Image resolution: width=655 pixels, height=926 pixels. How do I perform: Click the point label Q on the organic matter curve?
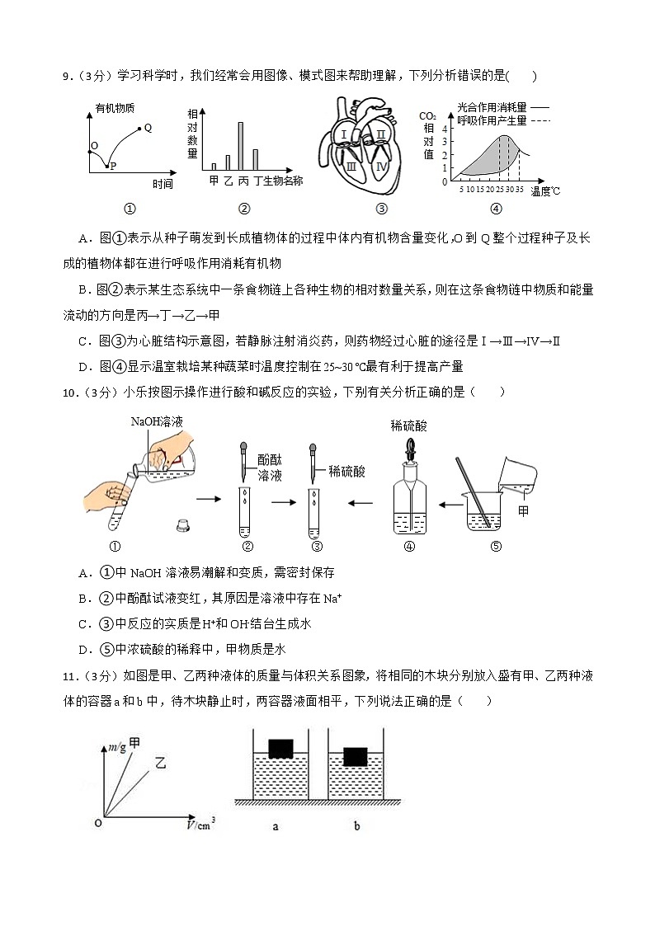(148, 128)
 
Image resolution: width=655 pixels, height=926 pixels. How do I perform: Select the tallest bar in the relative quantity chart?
(240, 145)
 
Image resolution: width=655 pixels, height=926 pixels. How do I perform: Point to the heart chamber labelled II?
(380, 134)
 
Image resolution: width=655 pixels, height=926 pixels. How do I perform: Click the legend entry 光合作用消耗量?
(492, 106)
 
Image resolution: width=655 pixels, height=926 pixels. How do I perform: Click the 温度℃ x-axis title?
(545, 191)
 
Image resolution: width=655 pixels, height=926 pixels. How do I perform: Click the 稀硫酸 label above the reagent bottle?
(409, 425)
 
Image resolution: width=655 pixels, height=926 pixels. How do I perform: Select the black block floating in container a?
(281, 748)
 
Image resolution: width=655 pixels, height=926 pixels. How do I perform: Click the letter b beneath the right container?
(356, 825)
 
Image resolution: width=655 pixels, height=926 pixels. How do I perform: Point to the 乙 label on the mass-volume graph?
(160, 764)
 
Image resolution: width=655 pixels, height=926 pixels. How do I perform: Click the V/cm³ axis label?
(201, 821)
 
